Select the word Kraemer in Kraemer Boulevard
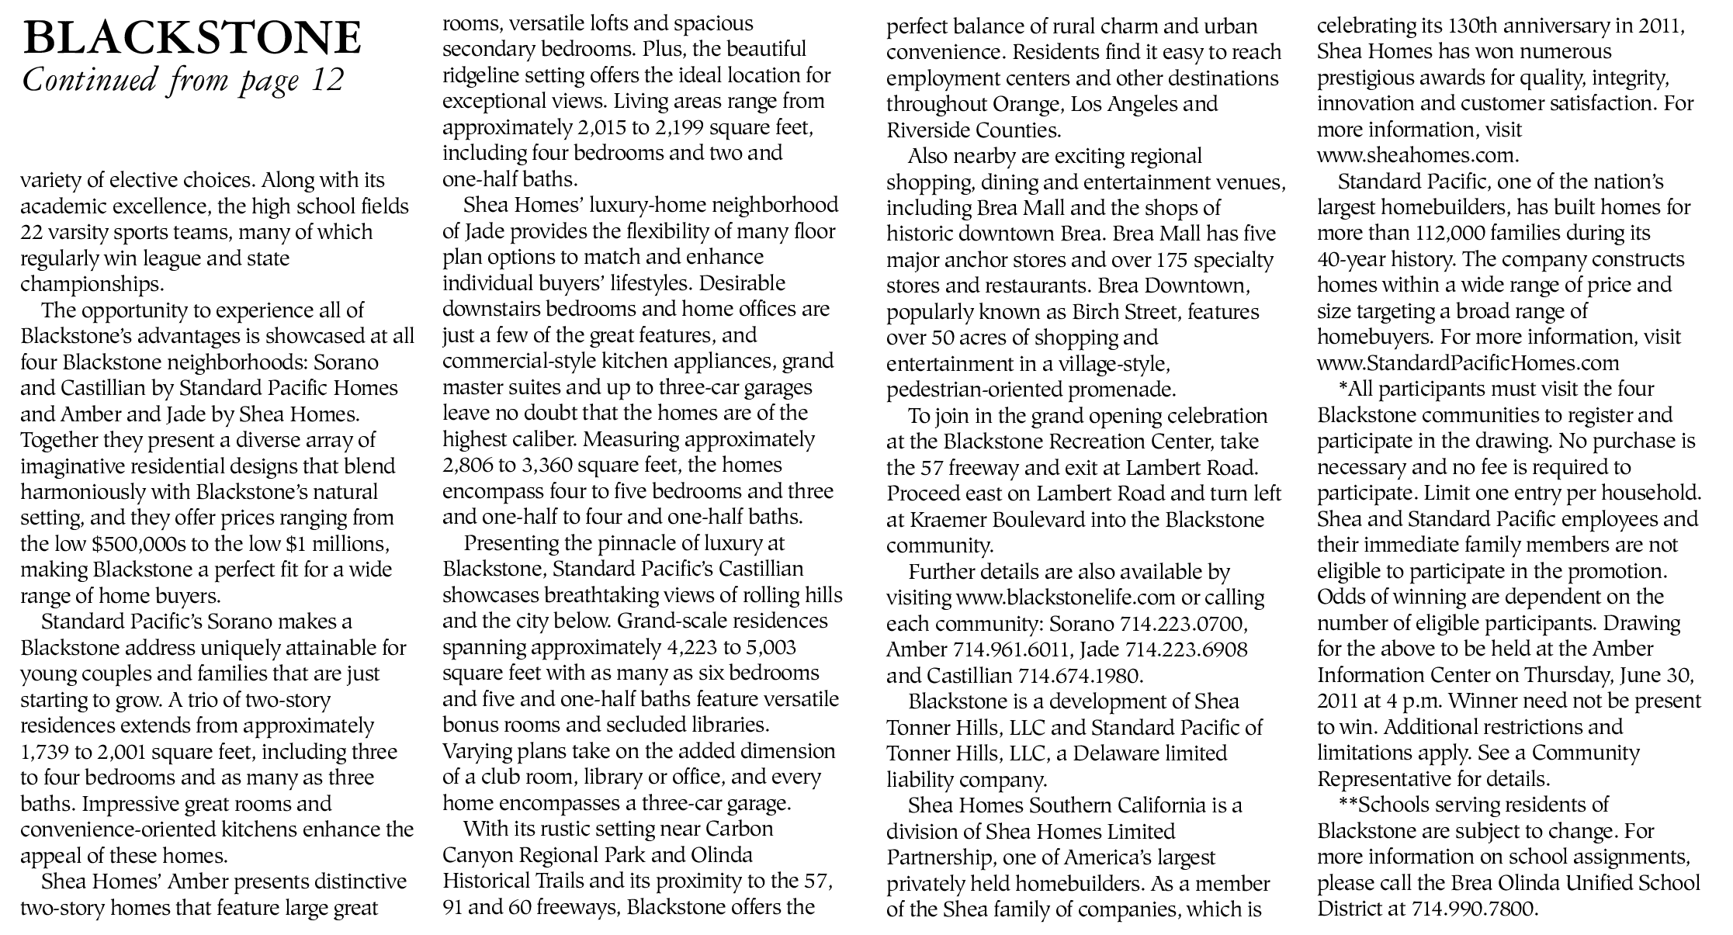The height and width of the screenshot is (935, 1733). pyautogui.click(x=955, y=520)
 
